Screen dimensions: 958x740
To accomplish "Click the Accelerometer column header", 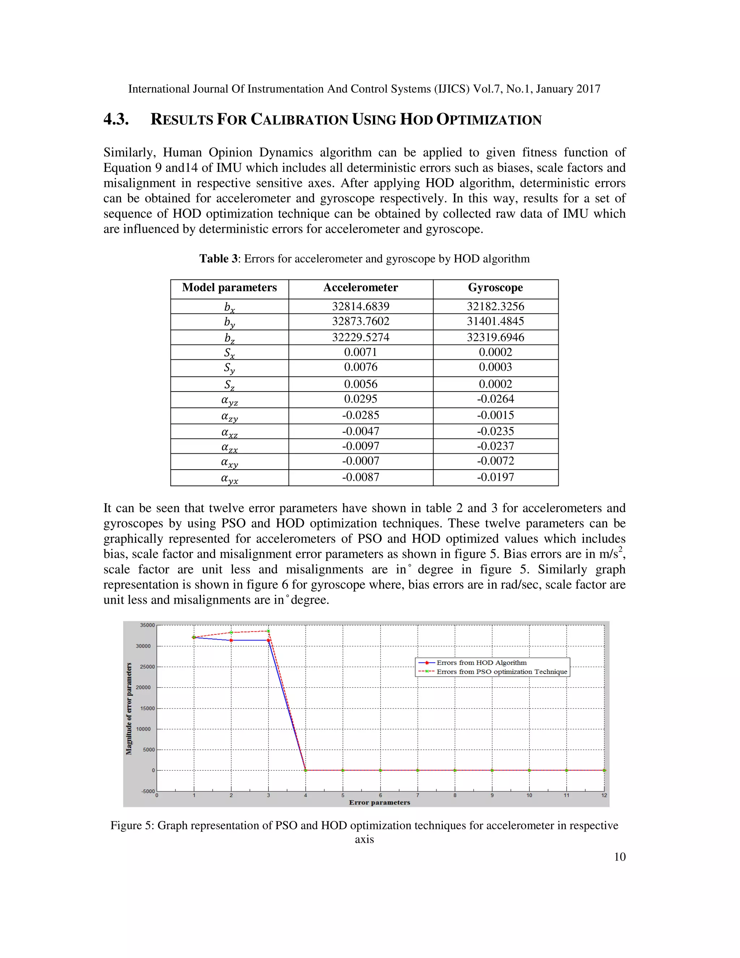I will pos(360,288).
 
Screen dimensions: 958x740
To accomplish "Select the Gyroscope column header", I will pos(495,288).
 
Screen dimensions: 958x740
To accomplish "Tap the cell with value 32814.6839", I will pos(360,306).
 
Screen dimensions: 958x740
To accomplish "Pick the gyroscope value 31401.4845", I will pos(495,321).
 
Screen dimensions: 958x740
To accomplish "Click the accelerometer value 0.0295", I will pos(360,399).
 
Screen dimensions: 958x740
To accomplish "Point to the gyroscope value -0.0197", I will pos(495,477).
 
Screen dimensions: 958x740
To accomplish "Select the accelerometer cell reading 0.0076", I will pos(360,367).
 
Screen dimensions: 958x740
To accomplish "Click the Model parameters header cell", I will pos(229,288).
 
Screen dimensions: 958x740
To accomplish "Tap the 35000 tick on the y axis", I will pos(147,625).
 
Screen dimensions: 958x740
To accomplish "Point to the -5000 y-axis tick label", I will pos(148,791).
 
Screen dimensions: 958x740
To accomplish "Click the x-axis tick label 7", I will pos(417,795).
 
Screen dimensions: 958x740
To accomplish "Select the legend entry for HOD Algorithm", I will pos(481,663).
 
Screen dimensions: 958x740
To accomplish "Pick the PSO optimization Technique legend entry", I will pos(502,672).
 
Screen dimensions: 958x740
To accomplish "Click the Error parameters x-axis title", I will pos(379,803).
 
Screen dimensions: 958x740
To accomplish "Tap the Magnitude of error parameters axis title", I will pos(129,709).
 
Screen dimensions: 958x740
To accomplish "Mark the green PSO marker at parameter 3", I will pos(268,631).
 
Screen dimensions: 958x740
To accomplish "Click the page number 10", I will pos(619,857).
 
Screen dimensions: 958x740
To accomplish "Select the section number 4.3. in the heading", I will pos(116,119).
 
